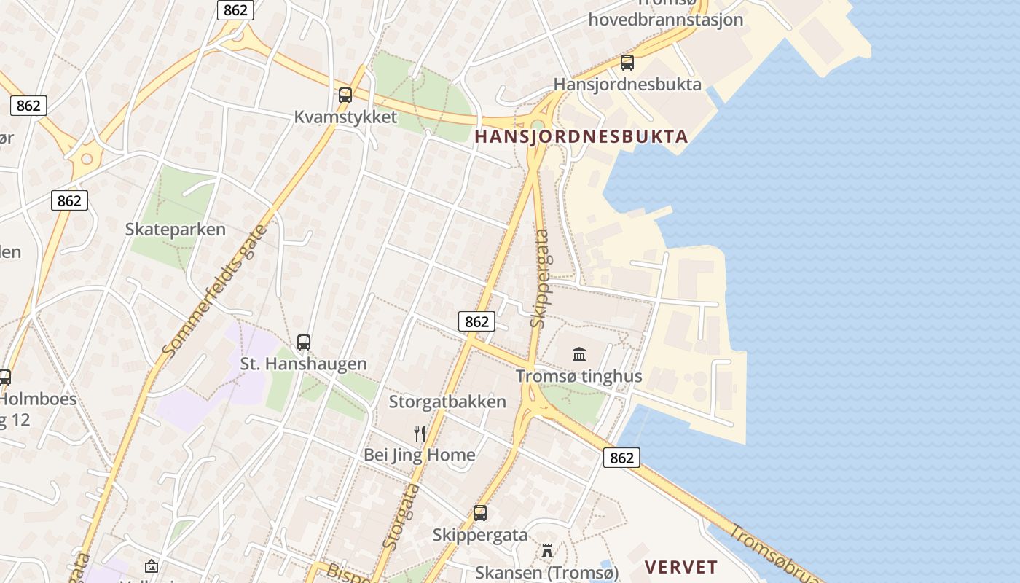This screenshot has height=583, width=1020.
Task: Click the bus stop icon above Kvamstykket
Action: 345,95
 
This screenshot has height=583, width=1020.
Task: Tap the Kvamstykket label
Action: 346,117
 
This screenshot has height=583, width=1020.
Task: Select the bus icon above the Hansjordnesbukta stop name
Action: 627,63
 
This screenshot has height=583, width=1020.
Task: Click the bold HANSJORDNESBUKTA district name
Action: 581,136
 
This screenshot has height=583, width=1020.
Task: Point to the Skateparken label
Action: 176,229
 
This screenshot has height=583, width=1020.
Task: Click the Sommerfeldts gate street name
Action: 214,291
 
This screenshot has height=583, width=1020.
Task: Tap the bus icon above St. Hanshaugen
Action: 304,342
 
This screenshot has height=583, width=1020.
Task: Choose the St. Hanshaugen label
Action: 304,363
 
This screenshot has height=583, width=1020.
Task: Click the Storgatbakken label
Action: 447,402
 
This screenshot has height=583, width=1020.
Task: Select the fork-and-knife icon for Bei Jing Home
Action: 420,434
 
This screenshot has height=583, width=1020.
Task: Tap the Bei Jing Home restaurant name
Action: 420,455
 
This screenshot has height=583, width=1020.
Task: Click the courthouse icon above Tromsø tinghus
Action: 579,355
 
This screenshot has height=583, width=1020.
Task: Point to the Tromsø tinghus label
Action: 579,376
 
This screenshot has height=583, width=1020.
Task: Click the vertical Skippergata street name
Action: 540,278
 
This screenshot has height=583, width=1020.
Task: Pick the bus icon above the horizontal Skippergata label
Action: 479,512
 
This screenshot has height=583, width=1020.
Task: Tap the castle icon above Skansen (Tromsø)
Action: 547,551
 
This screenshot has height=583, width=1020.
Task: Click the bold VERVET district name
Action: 681,567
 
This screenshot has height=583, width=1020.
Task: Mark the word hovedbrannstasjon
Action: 666,20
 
